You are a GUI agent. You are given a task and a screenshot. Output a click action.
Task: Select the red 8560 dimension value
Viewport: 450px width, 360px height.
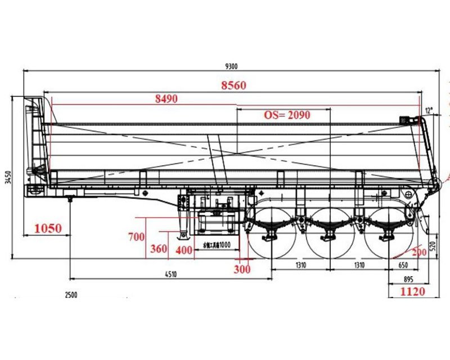click(x=233, y=85)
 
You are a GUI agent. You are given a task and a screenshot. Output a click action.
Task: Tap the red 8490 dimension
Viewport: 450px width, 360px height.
click(x=166, y=99)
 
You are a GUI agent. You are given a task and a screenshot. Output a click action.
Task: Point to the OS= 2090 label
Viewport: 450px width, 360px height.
click(x=287, y=115)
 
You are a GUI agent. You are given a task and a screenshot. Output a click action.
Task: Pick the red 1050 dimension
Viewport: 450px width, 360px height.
click(x=48, y=228)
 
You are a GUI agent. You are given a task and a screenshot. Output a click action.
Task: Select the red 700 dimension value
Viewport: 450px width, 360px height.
click(x=137, y=237)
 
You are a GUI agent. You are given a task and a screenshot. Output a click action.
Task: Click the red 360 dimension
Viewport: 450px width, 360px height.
click(x=159, y=249)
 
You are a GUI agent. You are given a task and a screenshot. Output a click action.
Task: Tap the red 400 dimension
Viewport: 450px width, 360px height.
click(x=183, y=250)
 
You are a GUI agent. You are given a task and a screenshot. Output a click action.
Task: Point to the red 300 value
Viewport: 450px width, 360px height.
click(x=242, y=269)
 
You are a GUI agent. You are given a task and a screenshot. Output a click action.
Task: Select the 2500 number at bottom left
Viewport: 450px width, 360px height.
click(x=71, y=295)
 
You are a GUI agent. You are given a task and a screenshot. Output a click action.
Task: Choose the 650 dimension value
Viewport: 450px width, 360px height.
click(x=403, y=265)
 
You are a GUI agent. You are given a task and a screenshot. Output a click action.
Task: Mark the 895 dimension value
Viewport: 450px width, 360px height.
click(x=409, y=280)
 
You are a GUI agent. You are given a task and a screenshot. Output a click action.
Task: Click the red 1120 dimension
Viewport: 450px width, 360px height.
click(x=412, y=291)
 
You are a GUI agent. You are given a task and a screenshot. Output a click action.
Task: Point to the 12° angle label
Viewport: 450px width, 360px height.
click(x=430, y=110)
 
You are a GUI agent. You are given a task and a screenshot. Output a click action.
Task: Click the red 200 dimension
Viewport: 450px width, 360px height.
click(x=418, y=253)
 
